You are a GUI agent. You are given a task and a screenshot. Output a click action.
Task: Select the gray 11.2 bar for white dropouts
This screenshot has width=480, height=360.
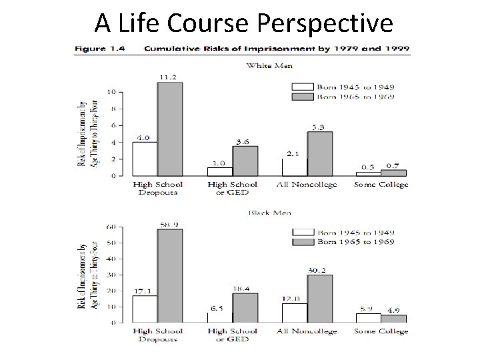(169, 129)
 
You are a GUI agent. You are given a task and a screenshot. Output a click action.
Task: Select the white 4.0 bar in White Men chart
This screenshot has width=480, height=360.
(144, 159)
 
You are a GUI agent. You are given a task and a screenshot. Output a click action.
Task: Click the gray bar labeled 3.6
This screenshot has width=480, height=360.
(244, 161)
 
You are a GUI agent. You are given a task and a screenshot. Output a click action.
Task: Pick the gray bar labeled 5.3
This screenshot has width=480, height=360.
(319, 154)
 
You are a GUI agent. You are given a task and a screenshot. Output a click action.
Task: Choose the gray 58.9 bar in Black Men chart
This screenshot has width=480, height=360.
(169, 276)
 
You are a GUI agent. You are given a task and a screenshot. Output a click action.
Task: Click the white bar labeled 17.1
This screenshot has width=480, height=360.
(144, 309)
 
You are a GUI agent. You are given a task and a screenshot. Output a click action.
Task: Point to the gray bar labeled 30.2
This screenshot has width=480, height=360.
(319, 298)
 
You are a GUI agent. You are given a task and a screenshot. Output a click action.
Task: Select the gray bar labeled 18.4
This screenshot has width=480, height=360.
(244, 307)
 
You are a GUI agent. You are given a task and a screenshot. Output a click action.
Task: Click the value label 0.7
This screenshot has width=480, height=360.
(393, 165)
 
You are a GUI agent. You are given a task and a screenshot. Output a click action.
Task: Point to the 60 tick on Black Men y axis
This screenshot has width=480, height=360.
(111, 227)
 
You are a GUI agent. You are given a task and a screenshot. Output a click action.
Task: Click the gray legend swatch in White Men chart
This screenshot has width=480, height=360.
(304, 97)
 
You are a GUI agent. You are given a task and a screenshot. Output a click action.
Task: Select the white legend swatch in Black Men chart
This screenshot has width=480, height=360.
(304, 232)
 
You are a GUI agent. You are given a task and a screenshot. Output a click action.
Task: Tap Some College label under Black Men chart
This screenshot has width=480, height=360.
(381, 331)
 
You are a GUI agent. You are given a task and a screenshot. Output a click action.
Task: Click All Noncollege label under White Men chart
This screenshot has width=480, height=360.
(306, 184)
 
